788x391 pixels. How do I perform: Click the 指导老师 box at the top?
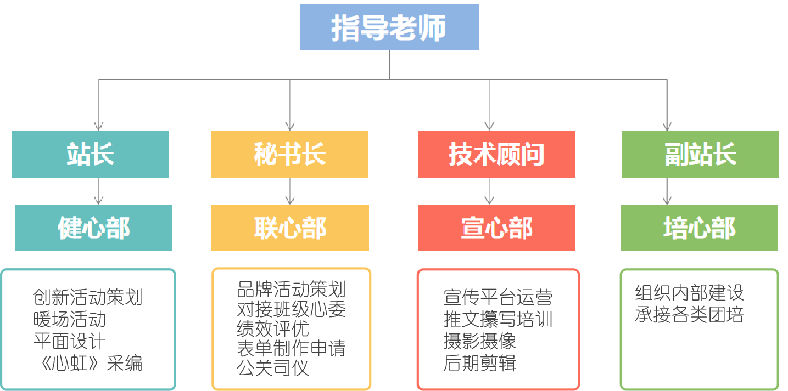[x=389, y=27]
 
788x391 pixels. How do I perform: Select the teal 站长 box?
[x=91, y=154]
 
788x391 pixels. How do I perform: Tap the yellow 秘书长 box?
[x=289, y=154]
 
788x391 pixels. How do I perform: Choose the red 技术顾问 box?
[x=496, y=154]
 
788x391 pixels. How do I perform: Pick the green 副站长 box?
[x=700, y=154]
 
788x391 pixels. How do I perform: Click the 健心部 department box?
[x=93, y=228]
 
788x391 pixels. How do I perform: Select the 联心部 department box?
[x=290, y=228]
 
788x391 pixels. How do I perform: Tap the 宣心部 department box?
[x=496, y=228]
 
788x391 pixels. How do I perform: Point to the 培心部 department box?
[x=699, y=228]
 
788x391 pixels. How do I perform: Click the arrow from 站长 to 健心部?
[x=98, y=191]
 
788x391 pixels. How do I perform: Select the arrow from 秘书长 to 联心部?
[x=290, y=191]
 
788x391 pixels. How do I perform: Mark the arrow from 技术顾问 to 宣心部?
[x=488, y=191]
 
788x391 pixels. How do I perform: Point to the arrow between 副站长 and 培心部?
[x=666, y=191]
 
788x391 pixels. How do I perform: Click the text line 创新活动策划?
[x=88, y=297]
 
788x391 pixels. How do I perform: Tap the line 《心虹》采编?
[x=88, y=363]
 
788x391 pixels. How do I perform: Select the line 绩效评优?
[x=273, y=328]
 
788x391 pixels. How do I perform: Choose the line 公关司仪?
[x=273, y=368]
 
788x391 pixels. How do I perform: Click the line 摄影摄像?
[x=480, y=341]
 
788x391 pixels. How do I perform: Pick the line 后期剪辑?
[x=480, y=363]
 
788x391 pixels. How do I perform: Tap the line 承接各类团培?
[x=689, y=315]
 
